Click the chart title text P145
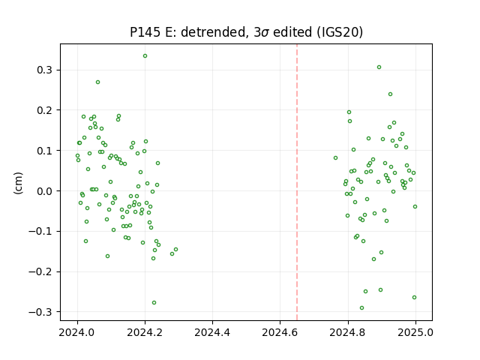(x=145, y=32)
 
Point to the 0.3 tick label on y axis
(x=45, y=70)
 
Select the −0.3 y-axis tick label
(x=40, y=312)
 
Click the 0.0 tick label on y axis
(x=45, y=191)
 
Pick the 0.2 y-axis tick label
(x=45, y=110)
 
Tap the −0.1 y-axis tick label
(x=40, y=232)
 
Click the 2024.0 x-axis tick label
(x=77, y=332)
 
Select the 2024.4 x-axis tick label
(x=212, y=332)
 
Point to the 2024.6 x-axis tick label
(x=280, y=332)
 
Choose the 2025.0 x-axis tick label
(x=415, y=332)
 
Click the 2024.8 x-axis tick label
(x=348, y=332)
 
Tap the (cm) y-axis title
(x=18, y=183)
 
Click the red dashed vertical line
(x=297, y=182)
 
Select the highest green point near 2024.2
(x=145, y=56)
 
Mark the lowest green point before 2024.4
(x=154, y=303)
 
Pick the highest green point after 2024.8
(x=379, y=67)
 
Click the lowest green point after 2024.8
(x=361, y=308)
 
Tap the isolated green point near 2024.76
(x=335, y=158)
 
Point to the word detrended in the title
(x=214, y=32)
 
